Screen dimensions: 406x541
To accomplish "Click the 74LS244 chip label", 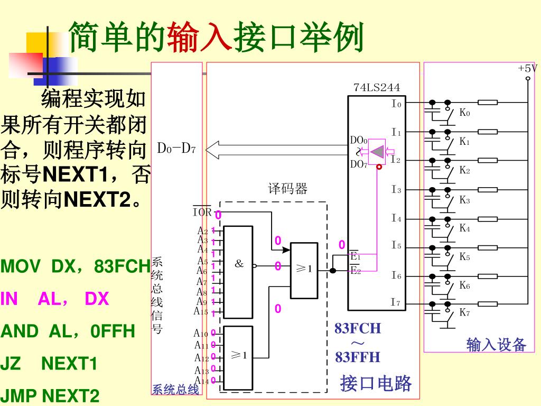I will point(377,88).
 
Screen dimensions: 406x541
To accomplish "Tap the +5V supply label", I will point(527,69).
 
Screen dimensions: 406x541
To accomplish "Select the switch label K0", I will point(464,113).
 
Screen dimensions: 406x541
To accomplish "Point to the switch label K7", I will point(464,312).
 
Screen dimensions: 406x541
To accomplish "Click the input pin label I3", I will point(396,189).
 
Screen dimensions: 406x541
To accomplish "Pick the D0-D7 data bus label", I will point(176,148).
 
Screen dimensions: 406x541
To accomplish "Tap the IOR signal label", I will point(202,213).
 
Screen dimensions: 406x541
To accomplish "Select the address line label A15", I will point(201,311).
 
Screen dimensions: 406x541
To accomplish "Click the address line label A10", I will point(201,334).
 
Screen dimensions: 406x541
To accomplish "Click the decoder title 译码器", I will point(287,189).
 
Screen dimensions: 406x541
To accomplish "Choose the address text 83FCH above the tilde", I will point(357,328).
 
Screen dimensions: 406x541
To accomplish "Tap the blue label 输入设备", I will point(496,345).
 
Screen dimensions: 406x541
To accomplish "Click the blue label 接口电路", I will point(376,383).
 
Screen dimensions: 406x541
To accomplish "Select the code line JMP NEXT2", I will point(50,396).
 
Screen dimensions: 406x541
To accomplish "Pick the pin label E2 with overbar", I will point(355,271).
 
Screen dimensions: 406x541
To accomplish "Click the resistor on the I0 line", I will point(487,103).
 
